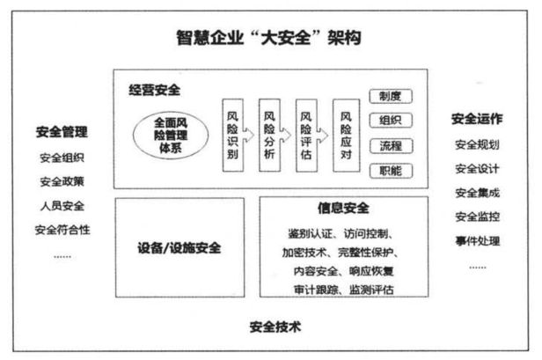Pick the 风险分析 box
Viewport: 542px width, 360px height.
[x=268, y=134]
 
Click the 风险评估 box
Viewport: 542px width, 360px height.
[x=305, y=134]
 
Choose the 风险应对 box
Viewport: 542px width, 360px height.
[x=344, y=134]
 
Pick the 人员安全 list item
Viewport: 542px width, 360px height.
[x=63, y=206]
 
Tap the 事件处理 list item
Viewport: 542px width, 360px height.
[x=476, y=240]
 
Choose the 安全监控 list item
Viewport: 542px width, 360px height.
[x=476, y=217]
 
